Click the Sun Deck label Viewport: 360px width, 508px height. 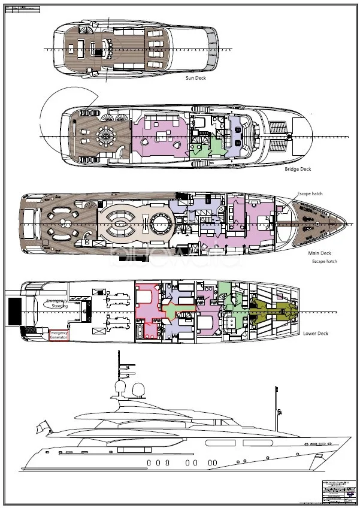(x=196, y=77)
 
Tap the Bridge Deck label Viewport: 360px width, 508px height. (x=298, y=169)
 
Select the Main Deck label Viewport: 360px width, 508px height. (x=319, y=253)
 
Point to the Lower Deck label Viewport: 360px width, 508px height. (x=315, y=333)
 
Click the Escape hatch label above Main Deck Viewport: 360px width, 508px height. (x=310, y=194)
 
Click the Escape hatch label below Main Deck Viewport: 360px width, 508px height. (x=324, y=262)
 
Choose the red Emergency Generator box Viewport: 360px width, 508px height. (x=59, y=335)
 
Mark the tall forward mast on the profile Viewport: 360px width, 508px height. (x=277, y=407)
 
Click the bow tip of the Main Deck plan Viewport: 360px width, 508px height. (x=347, y=223)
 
